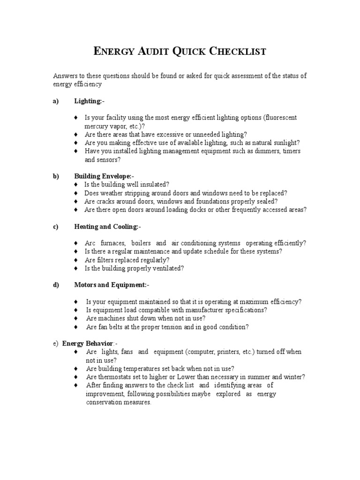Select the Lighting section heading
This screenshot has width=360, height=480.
point(88,101)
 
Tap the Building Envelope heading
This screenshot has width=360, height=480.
point(103,176)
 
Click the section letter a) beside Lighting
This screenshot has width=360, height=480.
point(56,101)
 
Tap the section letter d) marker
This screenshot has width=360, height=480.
point(56,285)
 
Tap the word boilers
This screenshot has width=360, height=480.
point(141,243)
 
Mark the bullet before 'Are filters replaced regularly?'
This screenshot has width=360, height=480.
point(76,260)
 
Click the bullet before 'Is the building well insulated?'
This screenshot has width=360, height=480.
point(76,185)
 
